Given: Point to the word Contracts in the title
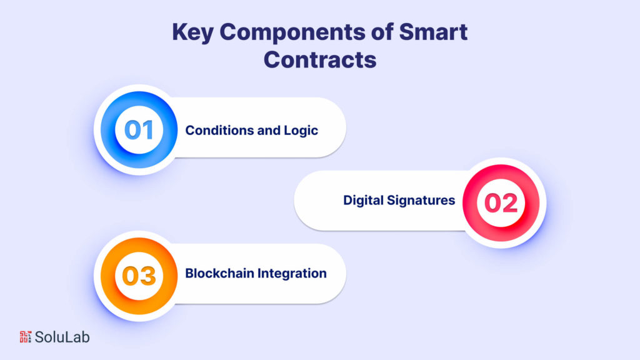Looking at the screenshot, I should click(320, 59).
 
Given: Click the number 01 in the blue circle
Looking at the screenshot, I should click(139, 130).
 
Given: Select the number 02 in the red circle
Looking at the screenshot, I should click(501, 203).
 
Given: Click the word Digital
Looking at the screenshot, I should click(362, 201).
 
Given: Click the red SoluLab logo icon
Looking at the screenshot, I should click(25, 337).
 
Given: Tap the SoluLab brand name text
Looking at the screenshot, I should click(62, 337).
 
